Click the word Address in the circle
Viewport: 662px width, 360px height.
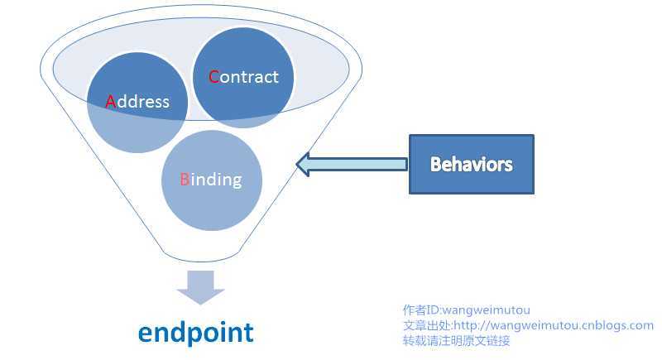click(x=137, y=102)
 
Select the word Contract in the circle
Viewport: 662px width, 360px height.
click(x=243, y=77)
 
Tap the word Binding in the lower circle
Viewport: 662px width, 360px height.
click(x=211, y=179)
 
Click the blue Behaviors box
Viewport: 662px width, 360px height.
click(x=472, y=164)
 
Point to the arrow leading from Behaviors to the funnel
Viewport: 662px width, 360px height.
click(x=352, y=164)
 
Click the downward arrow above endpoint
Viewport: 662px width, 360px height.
click(x=200, y=286)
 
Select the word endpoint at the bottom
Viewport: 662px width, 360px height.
click(x=196, y=332)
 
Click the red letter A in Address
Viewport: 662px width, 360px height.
click(x=111, y=102)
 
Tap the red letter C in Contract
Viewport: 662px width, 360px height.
click(x=213, y=77)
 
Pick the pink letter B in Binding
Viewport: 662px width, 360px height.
click(x=185, y=179)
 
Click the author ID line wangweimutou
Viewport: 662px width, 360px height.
click(x=467, y=310)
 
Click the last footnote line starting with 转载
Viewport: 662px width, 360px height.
click(x=456, y=340)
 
